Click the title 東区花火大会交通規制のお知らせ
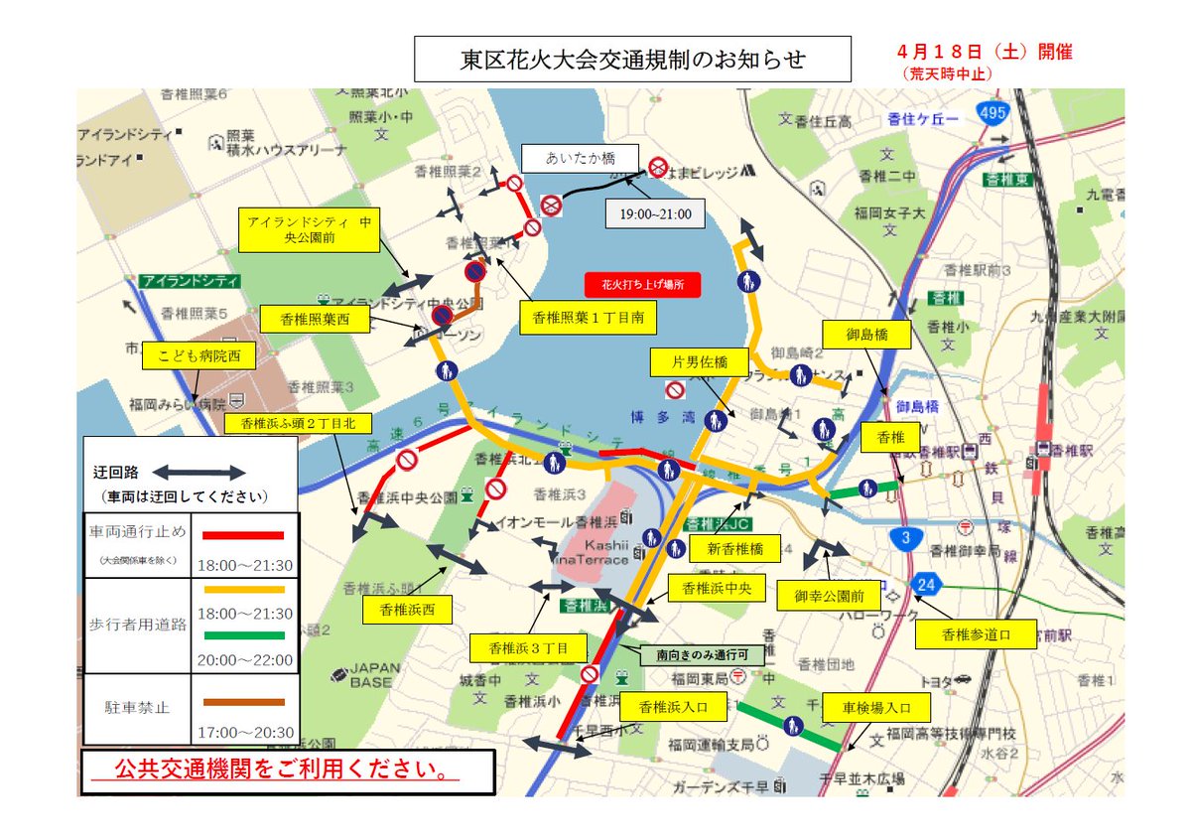[632, 61]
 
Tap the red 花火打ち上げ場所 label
[642, 284]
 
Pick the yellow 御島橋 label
[865, 335]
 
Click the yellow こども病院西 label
[198, 356]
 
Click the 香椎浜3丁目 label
[527, 647]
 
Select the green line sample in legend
[242, 635]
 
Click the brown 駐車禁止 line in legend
[242, 702]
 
